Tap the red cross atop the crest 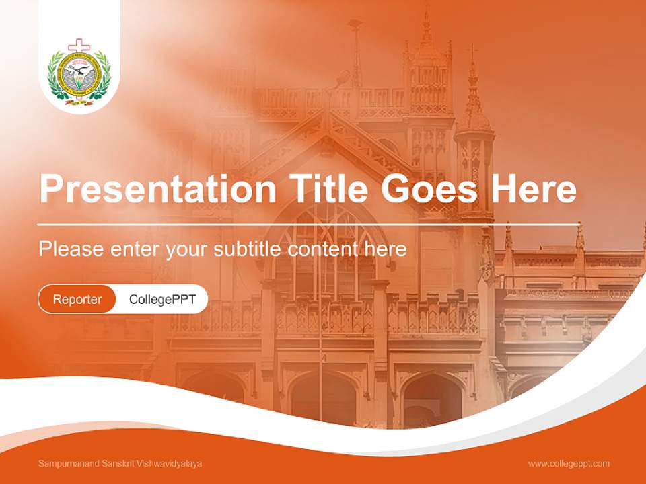[x=79, y=46]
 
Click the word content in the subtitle [x=324, y=249]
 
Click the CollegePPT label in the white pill [x=162, y=299]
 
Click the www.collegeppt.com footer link [x=569, y=464]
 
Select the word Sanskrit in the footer [x=116, y=464]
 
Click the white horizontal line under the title [x=308, y=225]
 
